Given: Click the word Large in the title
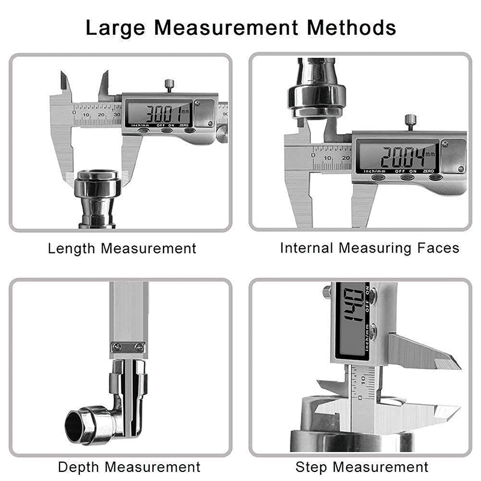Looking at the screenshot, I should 118,28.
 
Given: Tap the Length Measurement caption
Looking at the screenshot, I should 122,248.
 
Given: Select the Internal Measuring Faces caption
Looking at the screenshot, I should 369,248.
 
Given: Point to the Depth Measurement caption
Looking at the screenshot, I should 129,467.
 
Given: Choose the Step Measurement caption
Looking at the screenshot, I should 362,467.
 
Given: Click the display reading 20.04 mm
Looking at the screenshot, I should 397,158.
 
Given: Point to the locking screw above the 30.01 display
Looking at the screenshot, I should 170,85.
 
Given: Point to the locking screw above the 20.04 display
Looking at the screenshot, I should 411,121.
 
